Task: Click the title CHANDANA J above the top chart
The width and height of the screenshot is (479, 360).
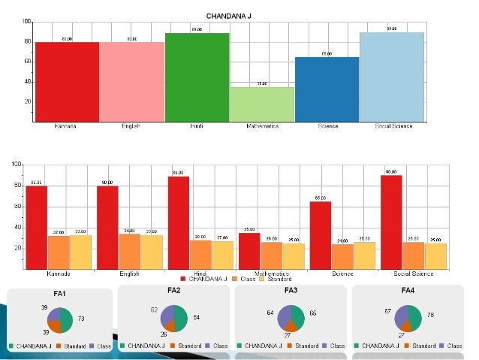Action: coord(229,16)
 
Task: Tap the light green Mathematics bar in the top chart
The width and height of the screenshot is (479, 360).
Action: coord(261,104)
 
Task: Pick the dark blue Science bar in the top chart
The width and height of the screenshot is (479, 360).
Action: coord(326,89)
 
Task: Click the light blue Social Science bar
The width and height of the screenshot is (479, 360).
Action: coord(391,76)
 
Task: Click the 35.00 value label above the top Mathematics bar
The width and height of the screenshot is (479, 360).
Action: coord(261,83)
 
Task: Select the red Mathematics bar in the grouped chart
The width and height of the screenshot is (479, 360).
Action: coord(249,250)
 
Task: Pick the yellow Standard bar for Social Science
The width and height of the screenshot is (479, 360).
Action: coord(435,256)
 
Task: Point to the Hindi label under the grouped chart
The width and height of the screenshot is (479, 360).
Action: coord(200,274)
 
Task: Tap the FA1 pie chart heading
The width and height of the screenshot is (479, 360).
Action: coord(59,293)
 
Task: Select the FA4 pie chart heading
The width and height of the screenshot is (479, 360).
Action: coord(408,290)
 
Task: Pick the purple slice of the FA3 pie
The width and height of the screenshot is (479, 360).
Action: coord(285,315)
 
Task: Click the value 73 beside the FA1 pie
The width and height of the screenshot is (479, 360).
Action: coord(80,319)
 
